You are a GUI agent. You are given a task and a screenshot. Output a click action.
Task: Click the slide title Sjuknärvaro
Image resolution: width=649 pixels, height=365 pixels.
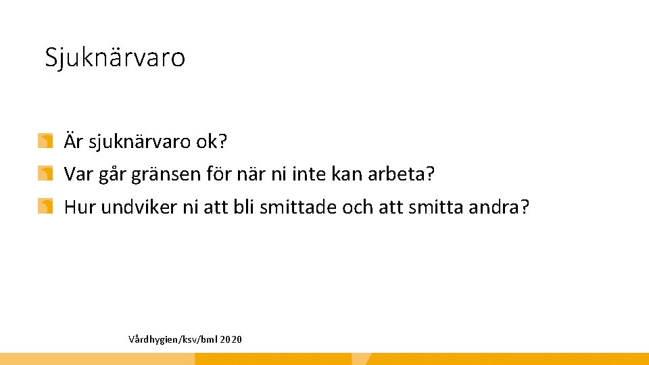click(x=115, y=57)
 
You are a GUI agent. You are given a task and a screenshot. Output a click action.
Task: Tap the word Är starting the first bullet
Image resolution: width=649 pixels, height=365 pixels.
click(x=73, y=142)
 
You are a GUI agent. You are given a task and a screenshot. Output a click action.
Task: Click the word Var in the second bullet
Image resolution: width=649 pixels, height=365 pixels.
click(x=77, y=174)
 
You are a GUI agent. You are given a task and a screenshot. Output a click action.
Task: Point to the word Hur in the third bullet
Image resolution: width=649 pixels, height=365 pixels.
click(x=80, y=206)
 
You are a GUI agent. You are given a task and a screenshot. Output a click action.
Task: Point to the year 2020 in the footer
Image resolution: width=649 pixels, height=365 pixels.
click(x=231, y=339)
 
